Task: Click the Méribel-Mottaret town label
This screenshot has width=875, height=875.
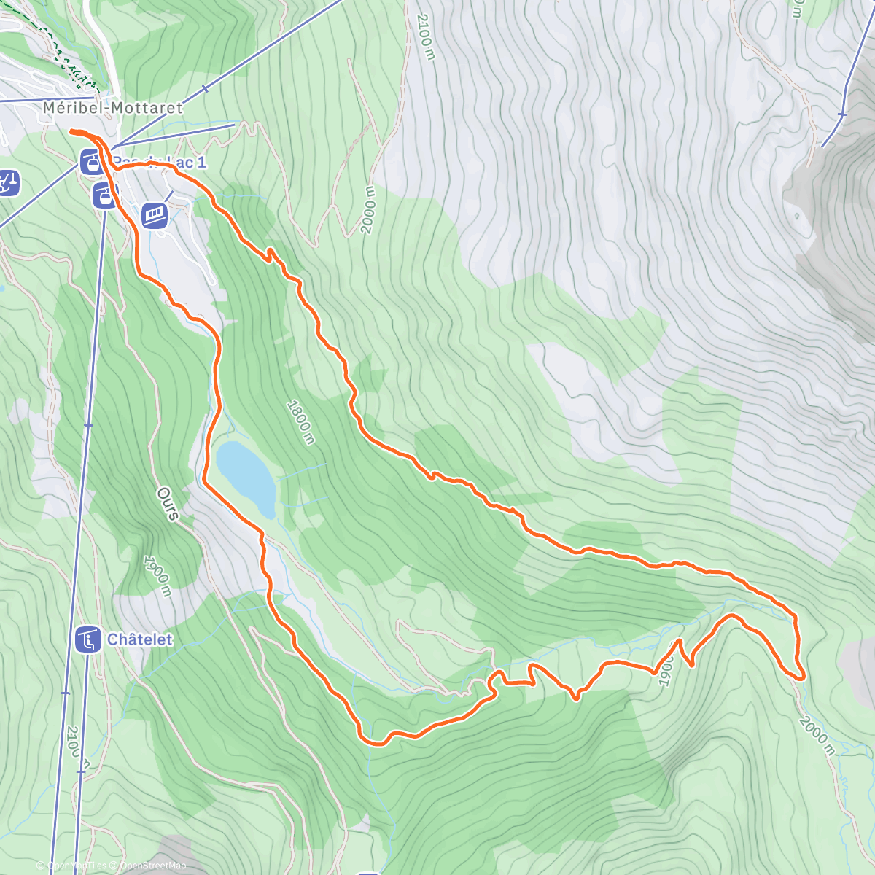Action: (112, 107)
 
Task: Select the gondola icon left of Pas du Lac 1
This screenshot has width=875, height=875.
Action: (91, 160)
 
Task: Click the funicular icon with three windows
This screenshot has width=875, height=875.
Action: (155, 215)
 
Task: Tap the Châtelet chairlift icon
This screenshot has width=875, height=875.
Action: (88, 640)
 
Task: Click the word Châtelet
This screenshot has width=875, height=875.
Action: (140, 640)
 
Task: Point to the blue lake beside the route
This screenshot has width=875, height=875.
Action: (246, 478)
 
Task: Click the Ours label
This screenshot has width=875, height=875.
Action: (167, 504)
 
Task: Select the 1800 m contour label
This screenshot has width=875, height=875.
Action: (300, 421)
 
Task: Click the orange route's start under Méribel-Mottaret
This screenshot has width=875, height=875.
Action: (72, 131)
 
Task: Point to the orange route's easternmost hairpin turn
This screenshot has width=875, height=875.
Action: (801, 675)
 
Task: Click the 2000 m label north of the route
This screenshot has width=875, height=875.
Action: (367, 210)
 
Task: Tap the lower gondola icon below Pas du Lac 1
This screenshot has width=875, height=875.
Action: (104, 195)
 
